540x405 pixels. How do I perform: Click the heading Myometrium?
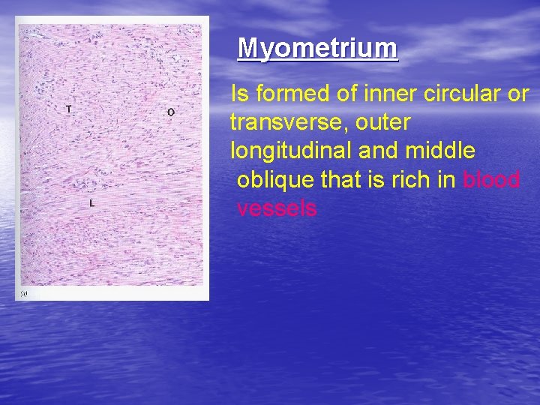[x=317, y=49]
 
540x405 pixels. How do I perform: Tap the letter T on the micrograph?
[x=69, y=109]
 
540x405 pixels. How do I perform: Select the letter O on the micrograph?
[x=171, y=112]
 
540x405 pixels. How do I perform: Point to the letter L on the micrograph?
[x=91, y=203]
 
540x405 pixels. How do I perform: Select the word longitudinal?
[x=292, y=151]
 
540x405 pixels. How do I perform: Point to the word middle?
[x=441, y=151]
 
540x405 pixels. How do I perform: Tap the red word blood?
[x=491, y=180]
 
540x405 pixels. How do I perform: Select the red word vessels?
[x=277, y=208]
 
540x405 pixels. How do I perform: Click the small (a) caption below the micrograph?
[x=25, y=292]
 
